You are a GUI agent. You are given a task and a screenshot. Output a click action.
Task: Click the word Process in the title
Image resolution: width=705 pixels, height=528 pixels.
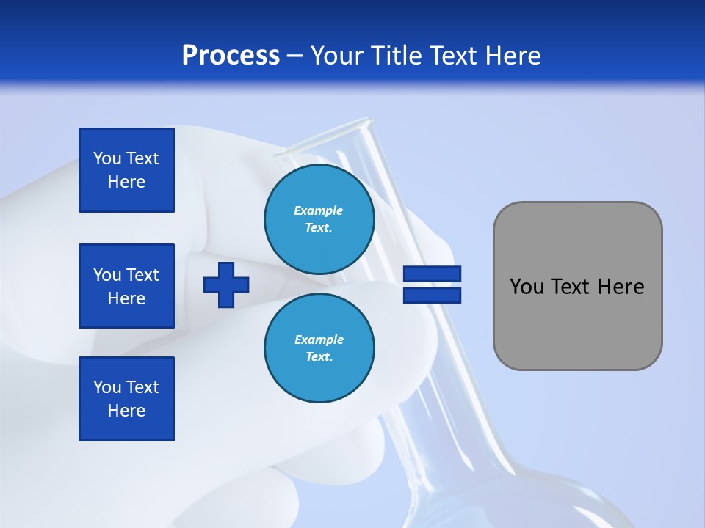pos(231,56)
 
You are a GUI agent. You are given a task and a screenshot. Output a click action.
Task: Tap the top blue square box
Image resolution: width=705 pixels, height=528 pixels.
pos(126,170)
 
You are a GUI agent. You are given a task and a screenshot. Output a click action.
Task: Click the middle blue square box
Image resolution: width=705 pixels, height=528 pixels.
pos(126,286)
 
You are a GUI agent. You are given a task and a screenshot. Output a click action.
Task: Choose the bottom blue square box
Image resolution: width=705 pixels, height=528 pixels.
pos(126,399)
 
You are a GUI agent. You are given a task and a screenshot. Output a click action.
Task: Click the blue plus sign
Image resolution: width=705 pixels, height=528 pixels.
pos(226,285)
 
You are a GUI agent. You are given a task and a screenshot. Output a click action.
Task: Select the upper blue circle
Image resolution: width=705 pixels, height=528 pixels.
pos(319,219)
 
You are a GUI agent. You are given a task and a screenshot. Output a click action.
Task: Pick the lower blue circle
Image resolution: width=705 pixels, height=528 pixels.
pos(319,348)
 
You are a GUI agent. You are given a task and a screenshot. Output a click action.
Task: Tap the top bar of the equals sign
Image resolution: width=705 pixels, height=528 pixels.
pos(432,274)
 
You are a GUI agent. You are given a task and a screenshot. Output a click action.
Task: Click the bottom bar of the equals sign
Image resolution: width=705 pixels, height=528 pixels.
pos(432,295)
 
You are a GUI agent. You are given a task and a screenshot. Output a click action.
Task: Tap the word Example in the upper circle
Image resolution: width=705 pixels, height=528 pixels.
pos(319,210)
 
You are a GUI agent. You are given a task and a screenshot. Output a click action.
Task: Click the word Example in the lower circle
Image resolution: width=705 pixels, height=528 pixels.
pos(319,340)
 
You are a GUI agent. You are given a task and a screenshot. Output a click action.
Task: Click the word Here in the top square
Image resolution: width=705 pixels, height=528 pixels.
pos(126,182)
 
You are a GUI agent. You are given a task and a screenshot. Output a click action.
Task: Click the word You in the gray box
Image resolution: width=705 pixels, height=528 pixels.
pos(527,287)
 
